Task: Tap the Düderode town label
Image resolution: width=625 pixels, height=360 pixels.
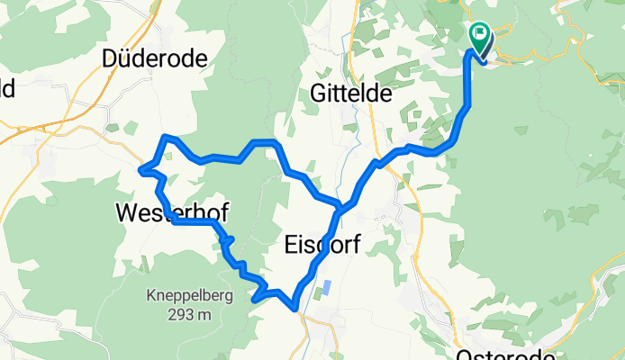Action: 155,59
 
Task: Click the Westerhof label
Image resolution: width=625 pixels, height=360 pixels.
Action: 171,213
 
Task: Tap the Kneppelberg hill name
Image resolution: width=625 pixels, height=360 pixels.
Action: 189,296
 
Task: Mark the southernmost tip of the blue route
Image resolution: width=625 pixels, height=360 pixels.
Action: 296,310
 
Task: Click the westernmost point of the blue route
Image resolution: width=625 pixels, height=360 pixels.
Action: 140,169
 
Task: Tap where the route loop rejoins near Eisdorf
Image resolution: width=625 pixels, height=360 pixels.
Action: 340,210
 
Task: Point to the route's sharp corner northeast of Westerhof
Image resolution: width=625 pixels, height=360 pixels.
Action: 164,137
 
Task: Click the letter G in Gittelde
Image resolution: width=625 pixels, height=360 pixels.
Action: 317,93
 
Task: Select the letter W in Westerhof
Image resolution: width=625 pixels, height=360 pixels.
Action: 126,213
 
